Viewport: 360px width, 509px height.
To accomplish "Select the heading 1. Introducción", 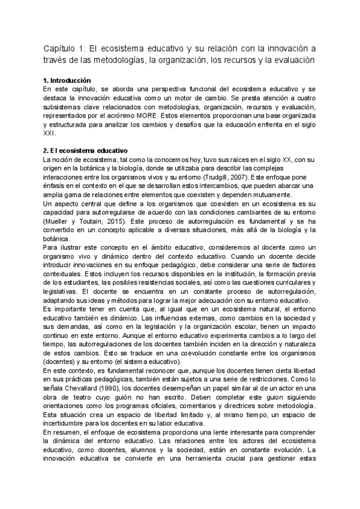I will [x=67, y=80].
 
